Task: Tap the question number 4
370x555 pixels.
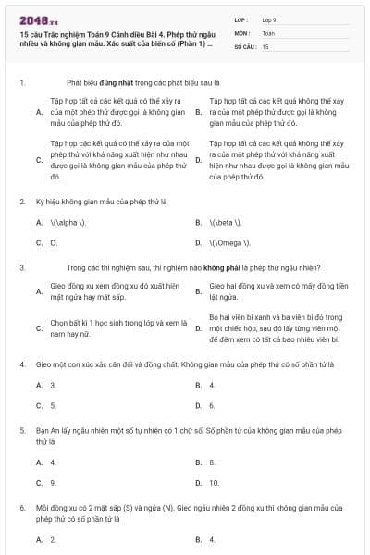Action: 22,364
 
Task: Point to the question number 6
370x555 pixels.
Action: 22,508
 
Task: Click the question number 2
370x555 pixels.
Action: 22,201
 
